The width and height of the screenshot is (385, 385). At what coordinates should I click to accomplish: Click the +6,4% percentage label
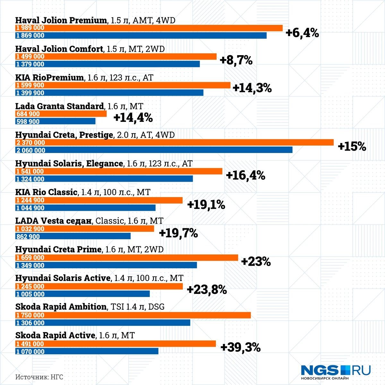pyautogui.click(x=302, y=33)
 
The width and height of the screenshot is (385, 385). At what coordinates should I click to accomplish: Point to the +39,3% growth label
pyautogui.click(x=240, y=347)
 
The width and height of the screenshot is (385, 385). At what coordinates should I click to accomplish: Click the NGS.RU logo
pyautogui.click(x=336, y=372)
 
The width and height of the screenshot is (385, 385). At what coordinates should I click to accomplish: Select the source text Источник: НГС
pyautogui.click(x=39, y=377)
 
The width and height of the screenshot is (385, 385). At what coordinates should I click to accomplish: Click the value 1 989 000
pyautogui.click(x=30, y=28)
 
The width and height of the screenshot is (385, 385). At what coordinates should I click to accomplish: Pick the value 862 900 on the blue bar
pyautogui.click(x=28, y=237)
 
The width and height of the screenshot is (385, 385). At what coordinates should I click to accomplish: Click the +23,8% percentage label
pyautogui.click(x=207, y=290)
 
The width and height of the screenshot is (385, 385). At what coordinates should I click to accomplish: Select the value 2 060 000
pyautogui.click(x=30, y=150)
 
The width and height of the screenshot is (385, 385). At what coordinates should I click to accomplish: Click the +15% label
pyautogui.click(x=352, y=147)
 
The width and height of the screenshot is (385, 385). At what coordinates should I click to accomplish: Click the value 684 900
pyautogui.click(x=28, y=114)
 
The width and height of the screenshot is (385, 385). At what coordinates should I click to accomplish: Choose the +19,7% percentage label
pyautogui.click(x=178, y=233)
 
